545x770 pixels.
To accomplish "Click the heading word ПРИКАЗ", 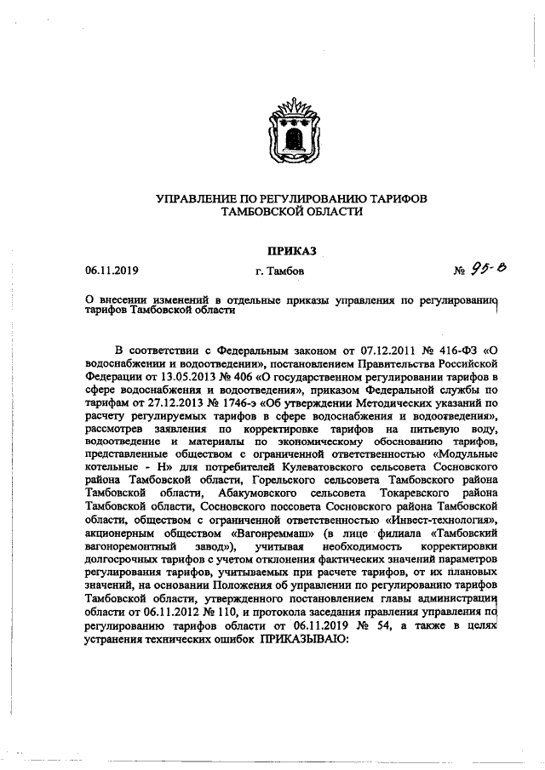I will point(291,251).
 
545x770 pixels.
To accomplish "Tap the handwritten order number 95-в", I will point(491,269).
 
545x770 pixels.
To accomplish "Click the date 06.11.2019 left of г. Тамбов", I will point(112,271).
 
